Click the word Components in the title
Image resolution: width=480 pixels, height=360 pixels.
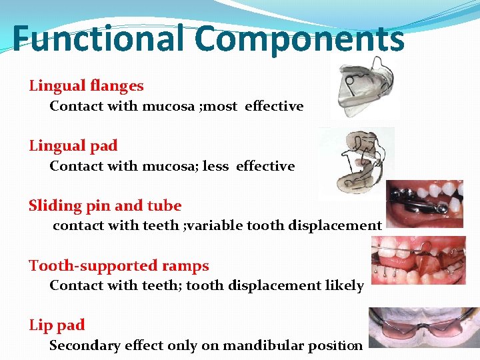click(299, 38)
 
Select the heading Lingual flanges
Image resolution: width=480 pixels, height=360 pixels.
click(86, 85)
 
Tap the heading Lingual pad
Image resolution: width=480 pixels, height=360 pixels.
click(73, 145)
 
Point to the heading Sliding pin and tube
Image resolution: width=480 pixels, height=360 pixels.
click(105, 205)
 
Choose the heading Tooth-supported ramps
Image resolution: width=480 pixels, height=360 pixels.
click(119, 265)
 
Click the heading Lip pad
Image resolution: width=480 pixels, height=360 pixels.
click(57, 325)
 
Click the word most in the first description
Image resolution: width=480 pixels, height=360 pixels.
click(221, 106)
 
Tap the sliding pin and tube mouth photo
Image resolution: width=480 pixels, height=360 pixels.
click(425, 204)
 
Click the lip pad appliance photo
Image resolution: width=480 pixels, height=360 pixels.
click(423, 327)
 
